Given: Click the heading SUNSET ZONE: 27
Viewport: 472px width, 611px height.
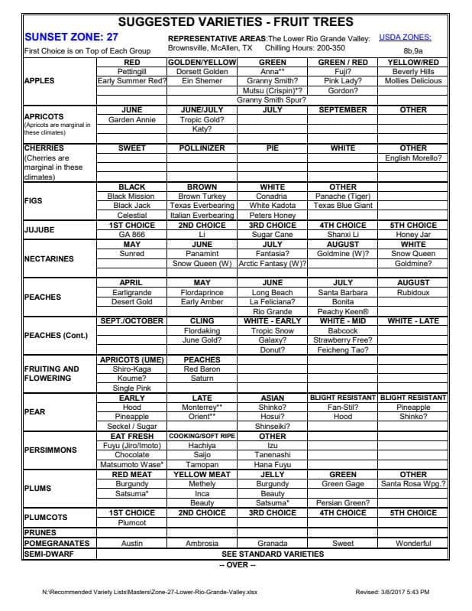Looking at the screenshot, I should coord(71,37).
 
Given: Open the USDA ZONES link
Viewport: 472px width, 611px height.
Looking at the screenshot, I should coord(412,37).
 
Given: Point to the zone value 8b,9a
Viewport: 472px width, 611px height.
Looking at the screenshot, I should coord(412,50).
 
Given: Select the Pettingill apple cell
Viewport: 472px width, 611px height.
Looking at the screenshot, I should coord(131,71).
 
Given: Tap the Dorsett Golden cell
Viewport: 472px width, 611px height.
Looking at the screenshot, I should coord(202,71).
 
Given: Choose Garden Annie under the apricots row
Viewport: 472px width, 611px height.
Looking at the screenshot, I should coord(131,119).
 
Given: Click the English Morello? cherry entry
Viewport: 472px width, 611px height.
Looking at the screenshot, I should coord(413,158).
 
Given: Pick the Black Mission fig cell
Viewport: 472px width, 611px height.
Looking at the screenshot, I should coord(131,197).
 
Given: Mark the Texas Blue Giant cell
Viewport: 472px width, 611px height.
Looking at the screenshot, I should coord(343,206).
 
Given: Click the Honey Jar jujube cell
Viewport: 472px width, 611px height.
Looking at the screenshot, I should coord(413,235).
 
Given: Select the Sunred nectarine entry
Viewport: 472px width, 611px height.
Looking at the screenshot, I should coord(131,254).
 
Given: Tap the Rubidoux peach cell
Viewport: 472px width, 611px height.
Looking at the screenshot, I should coord(413,292).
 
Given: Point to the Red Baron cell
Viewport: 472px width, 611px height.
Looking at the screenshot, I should coord(202,369).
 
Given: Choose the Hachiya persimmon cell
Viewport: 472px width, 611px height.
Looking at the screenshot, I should coord(202,445).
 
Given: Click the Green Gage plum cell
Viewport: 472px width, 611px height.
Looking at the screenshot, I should coord(343,483).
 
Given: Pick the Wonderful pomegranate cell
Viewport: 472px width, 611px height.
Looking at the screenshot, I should coord(413,543).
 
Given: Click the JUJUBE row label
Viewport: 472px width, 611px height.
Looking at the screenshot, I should coord(40,229).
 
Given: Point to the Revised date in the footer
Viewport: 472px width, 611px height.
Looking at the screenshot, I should coord(393,592).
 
